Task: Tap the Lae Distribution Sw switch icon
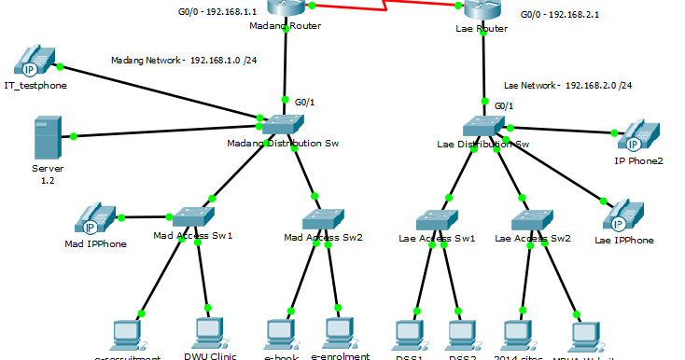point(483,127)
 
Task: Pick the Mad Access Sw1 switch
point(193,216)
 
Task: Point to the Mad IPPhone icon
point(96,219)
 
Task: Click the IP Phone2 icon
point(638,136)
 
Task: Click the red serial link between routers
point(383,7)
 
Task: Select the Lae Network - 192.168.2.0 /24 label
point(567,85)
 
